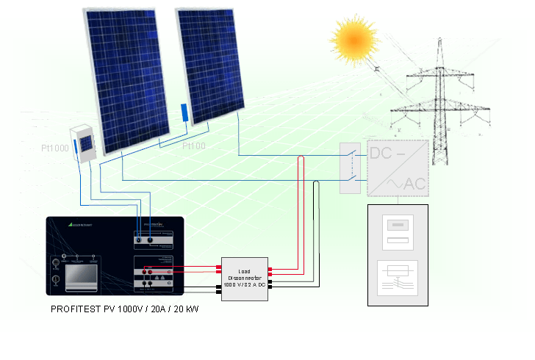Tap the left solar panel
pyautogui.click(x=125, y=77)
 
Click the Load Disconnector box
pyautogui.click(x=245, y=278)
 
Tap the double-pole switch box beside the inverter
pyautogui.click(x=351, y=168)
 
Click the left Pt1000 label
pyautogui.click(x=54, y=148)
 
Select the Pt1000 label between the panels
pyautogui.click(x=194, y=146)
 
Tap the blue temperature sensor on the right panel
pyautogui.click(x=183, y=112)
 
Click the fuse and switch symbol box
pyautogui.click(x=397, y=278)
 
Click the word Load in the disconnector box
pyautogui.click(x=245, y=271)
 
